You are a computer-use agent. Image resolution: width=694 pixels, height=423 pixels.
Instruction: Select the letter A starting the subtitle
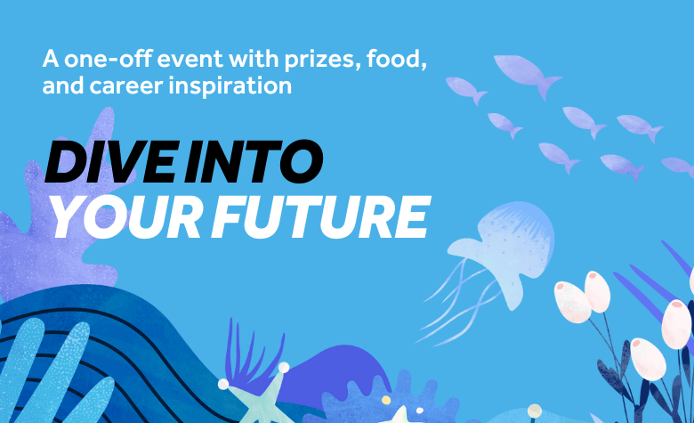49,61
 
